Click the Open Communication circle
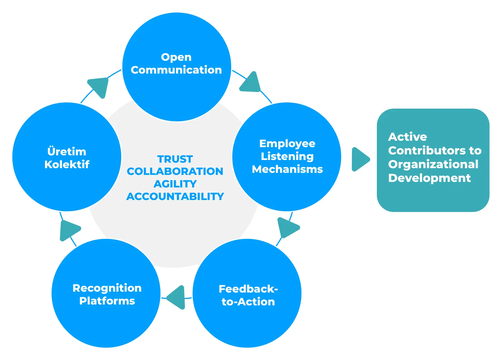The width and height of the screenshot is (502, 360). (177, 67)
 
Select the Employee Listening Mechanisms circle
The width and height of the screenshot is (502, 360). (287, 157)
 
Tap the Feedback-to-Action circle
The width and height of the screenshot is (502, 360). (247, 293)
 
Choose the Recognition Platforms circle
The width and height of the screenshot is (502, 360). (106, 293)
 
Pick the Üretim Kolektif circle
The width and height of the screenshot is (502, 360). (67, 157)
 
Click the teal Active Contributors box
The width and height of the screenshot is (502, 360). (433, 160)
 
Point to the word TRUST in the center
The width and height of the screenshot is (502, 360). (175, 159)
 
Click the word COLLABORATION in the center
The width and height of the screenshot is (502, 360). (175, 171)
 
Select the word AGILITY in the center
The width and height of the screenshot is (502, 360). (175, 184)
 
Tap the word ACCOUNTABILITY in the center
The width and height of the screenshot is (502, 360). (175, 196)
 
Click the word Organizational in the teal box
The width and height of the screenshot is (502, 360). (433, 164)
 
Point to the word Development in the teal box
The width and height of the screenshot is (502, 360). (429, 178)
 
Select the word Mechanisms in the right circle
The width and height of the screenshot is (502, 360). (287, 169)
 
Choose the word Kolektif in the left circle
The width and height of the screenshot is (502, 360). (67, 164)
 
